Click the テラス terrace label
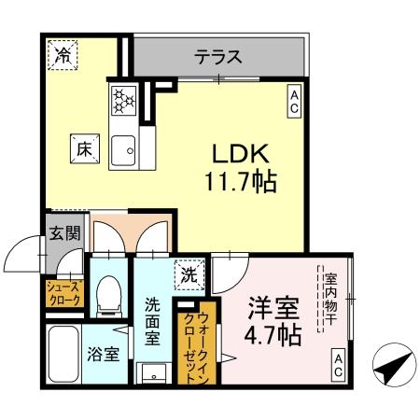tap(217, 57)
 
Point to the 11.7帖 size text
tap(239, 182)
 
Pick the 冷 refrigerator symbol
tap(62, 55)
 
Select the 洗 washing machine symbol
tap(189, 274)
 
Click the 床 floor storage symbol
tap(81, 147)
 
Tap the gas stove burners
tap(123, 98)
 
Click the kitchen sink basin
tap(122, 148)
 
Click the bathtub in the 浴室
tap(64, 354)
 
